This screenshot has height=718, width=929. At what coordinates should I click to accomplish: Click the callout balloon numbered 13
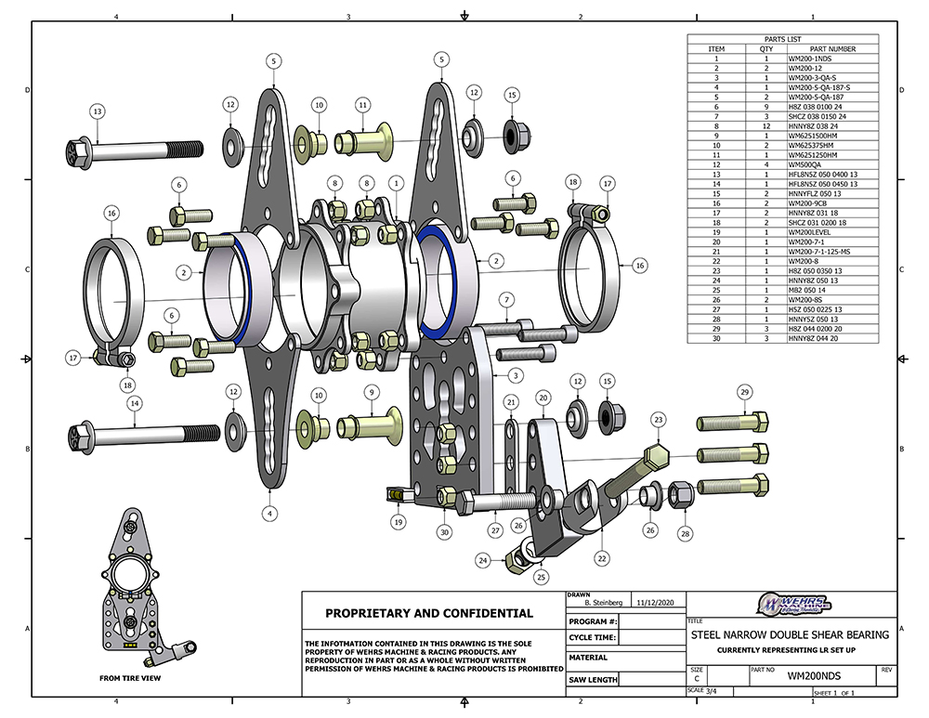coord(97,111)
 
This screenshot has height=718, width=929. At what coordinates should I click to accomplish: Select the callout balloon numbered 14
coord(135,403)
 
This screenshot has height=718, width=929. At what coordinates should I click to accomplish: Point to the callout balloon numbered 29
coord(743,393)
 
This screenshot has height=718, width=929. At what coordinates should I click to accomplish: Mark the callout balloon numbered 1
coord(397,184)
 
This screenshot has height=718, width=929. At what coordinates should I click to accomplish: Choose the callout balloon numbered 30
coord(445,531)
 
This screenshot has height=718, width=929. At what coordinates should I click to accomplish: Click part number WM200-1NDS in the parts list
coord(808,59)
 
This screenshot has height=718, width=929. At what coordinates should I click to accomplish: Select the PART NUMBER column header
coord(832,49)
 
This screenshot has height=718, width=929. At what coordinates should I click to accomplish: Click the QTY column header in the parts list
coord(766,49)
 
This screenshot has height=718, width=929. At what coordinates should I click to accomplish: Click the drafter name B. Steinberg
coord(596,602)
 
